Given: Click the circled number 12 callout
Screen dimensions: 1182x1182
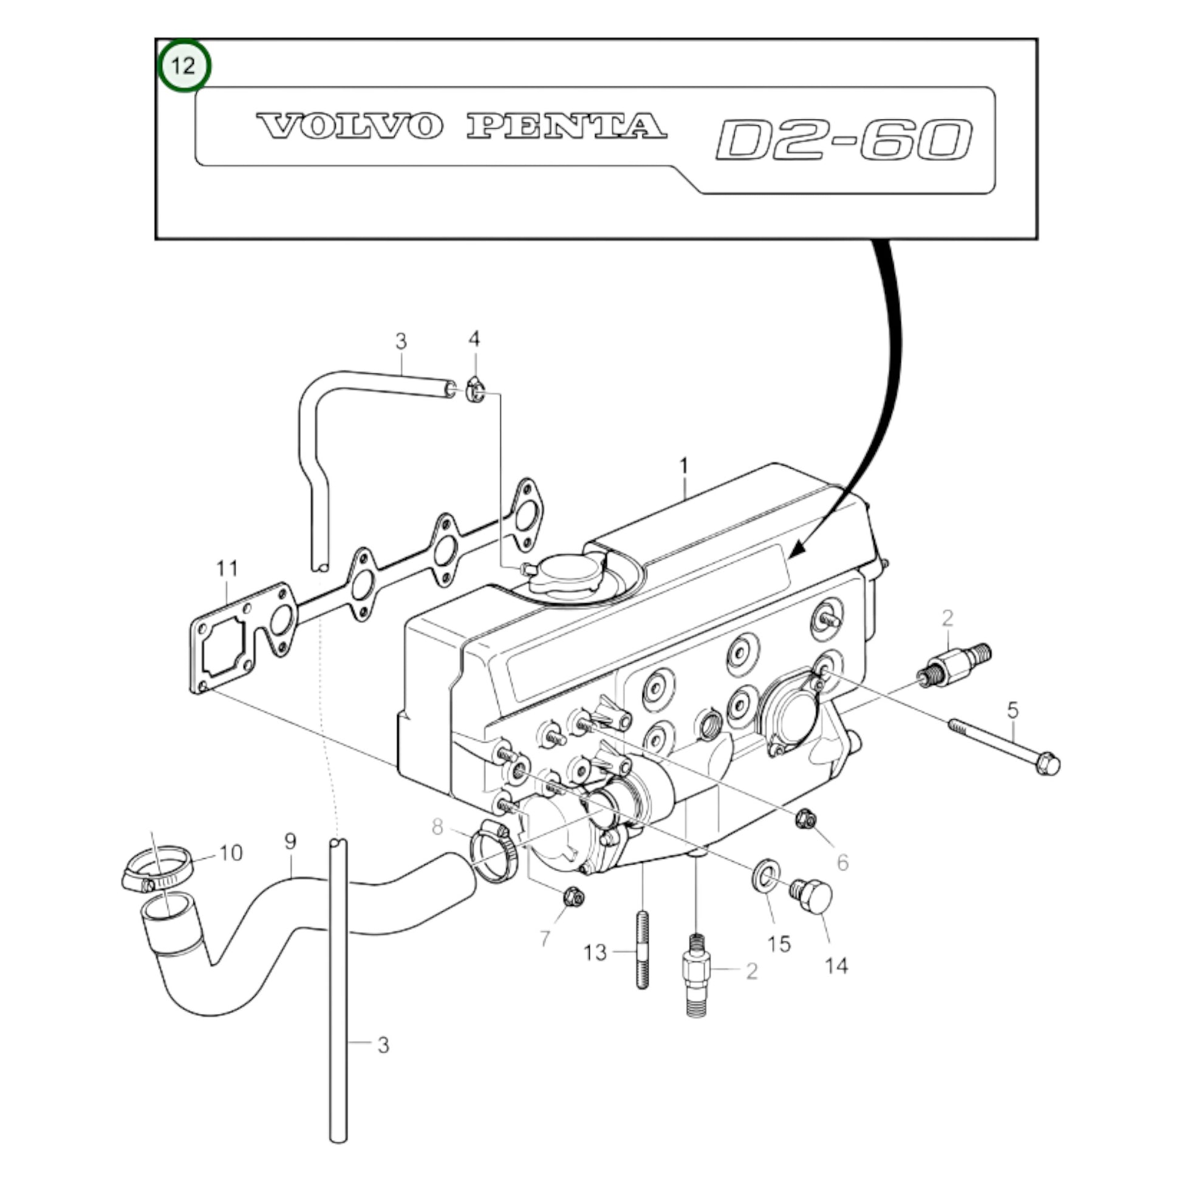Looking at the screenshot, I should pos(183,65).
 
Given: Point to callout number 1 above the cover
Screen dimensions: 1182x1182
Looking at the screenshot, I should pos(684,466).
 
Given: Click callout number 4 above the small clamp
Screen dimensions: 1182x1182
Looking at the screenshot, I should pos(474,338).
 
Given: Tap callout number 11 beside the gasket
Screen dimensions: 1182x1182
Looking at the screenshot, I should pos(227,569).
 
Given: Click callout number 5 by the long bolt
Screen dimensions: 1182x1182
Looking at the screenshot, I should pos(1013,710).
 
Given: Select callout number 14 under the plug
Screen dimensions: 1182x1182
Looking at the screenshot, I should pos(836,966).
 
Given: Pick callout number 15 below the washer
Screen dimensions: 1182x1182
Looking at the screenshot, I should pos(779,943).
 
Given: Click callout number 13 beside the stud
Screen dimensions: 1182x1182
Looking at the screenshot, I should pos(595,952).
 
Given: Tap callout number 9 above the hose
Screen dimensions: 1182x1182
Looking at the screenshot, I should pos(290,841).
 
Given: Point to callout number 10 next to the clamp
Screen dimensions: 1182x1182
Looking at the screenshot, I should pos(231,853).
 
